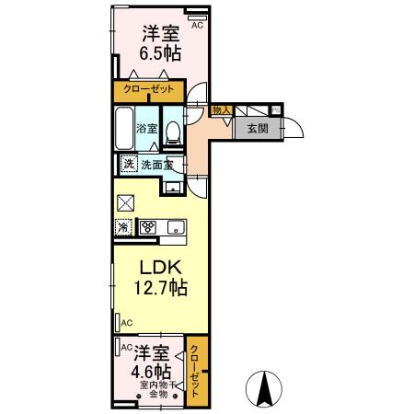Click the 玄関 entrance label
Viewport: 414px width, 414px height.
tap(257, 129)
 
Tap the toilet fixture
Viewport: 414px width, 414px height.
tap(172, 131)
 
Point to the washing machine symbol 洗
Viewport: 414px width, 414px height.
tap(130, 165)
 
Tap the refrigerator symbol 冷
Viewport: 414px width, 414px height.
tap(123, 226)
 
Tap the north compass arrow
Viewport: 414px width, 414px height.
tap(263, 389)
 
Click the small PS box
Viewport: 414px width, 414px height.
tap(276, 109)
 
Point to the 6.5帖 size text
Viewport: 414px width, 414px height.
tap(159, 52)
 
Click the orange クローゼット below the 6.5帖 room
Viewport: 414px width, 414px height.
tap(149, 90)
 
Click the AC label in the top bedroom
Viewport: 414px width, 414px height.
tap(197, 26)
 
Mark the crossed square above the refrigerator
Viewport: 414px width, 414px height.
tap(126, 203)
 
